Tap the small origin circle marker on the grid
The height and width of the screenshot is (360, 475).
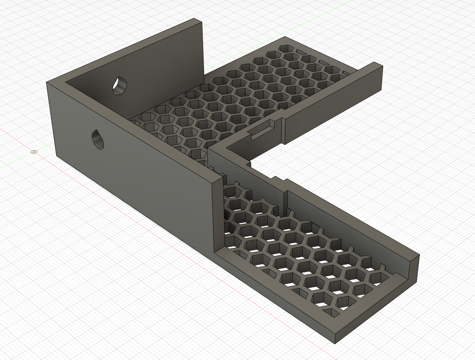34,152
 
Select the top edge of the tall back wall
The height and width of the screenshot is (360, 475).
130,51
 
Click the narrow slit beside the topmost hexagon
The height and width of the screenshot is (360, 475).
302,52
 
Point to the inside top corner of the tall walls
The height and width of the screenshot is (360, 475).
66,82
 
